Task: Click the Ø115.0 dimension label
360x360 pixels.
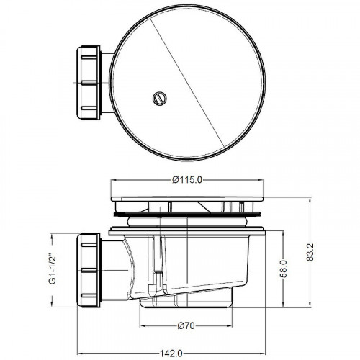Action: [187, 180]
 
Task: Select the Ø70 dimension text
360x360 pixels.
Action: [186, 325]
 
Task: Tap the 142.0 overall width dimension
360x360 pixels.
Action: [171, 354]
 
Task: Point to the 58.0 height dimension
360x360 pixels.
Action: [284, 269]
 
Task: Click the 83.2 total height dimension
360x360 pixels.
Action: [310, 251]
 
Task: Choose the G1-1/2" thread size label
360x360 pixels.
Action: [53, 269]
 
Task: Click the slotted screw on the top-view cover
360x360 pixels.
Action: [160, 99]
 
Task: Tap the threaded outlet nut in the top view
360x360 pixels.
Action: [89, 83]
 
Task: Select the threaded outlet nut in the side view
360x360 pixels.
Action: [89, 270]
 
